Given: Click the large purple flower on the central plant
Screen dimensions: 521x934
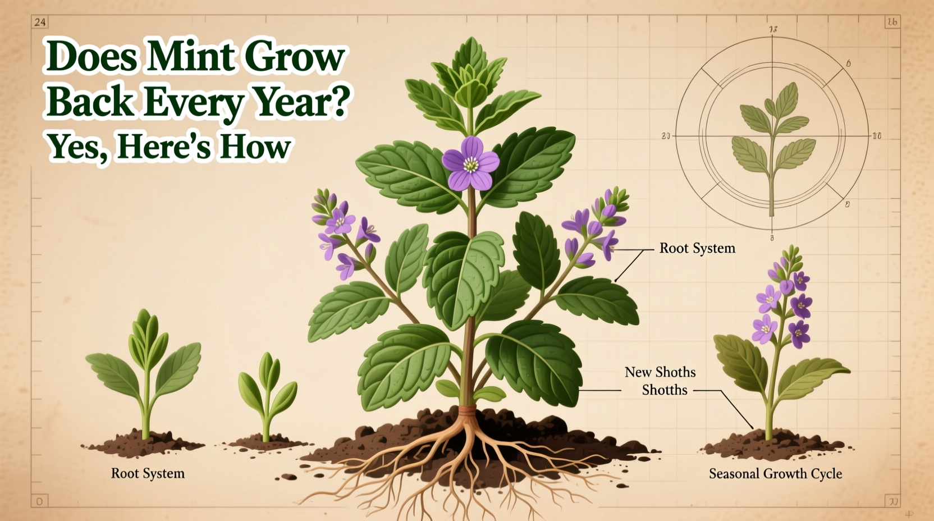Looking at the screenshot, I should tap(470, 163).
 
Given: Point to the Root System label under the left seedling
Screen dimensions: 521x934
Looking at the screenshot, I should tap(148, 473).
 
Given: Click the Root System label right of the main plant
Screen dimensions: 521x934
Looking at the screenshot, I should tap(697, 248).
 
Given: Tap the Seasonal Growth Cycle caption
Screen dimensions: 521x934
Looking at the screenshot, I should tap(775, 474).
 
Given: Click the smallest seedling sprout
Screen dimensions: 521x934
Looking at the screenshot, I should tap(267, 393).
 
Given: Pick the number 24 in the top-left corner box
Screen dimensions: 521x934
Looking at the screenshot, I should tap(40, 22).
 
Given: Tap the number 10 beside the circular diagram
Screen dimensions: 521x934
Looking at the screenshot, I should tap(876, 136).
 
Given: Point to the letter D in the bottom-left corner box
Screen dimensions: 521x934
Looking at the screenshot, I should tap(39, 501).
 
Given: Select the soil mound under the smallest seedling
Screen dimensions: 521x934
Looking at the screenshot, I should tap(264, 442).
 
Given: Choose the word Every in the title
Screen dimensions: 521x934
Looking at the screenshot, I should tap(194, 102).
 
